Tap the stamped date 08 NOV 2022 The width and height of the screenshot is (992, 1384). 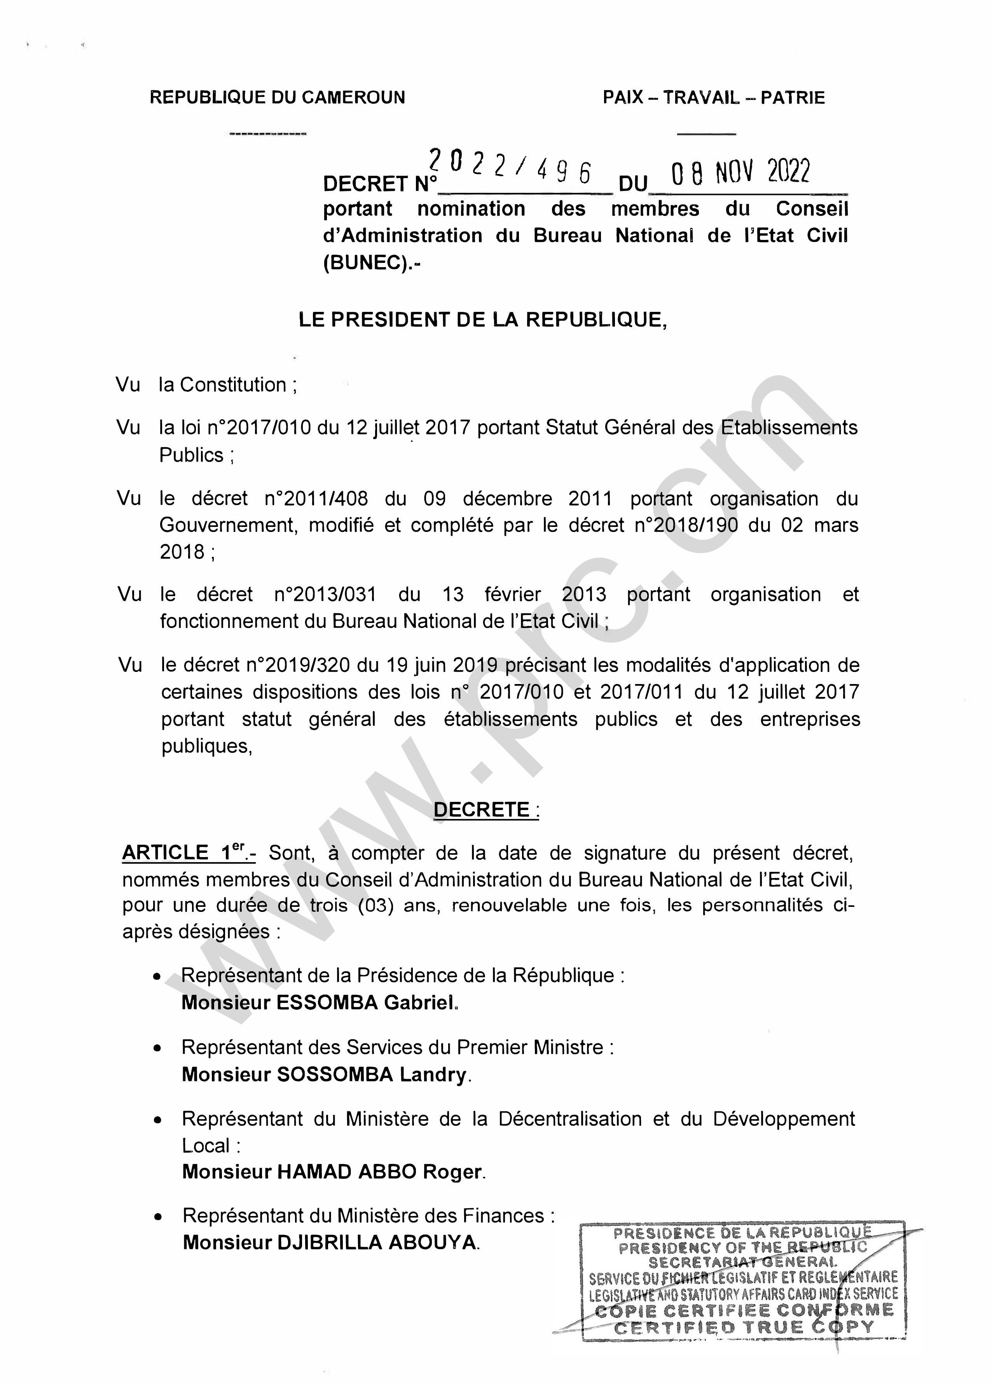click(x=740, y=173)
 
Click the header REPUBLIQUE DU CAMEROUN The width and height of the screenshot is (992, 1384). click(x=277, y=98)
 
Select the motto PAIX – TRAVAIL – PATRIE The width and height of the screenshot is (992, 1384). click(x=713, y=98)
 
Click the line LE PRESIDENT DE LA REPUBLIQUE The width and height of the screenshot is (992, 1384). click(x=482, y=320)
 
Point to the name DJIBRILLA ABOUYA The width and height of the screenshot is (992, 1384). click(x=376, y=1242)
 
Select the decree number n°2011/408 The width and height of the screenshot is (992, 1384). click(x=316, y=499)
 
